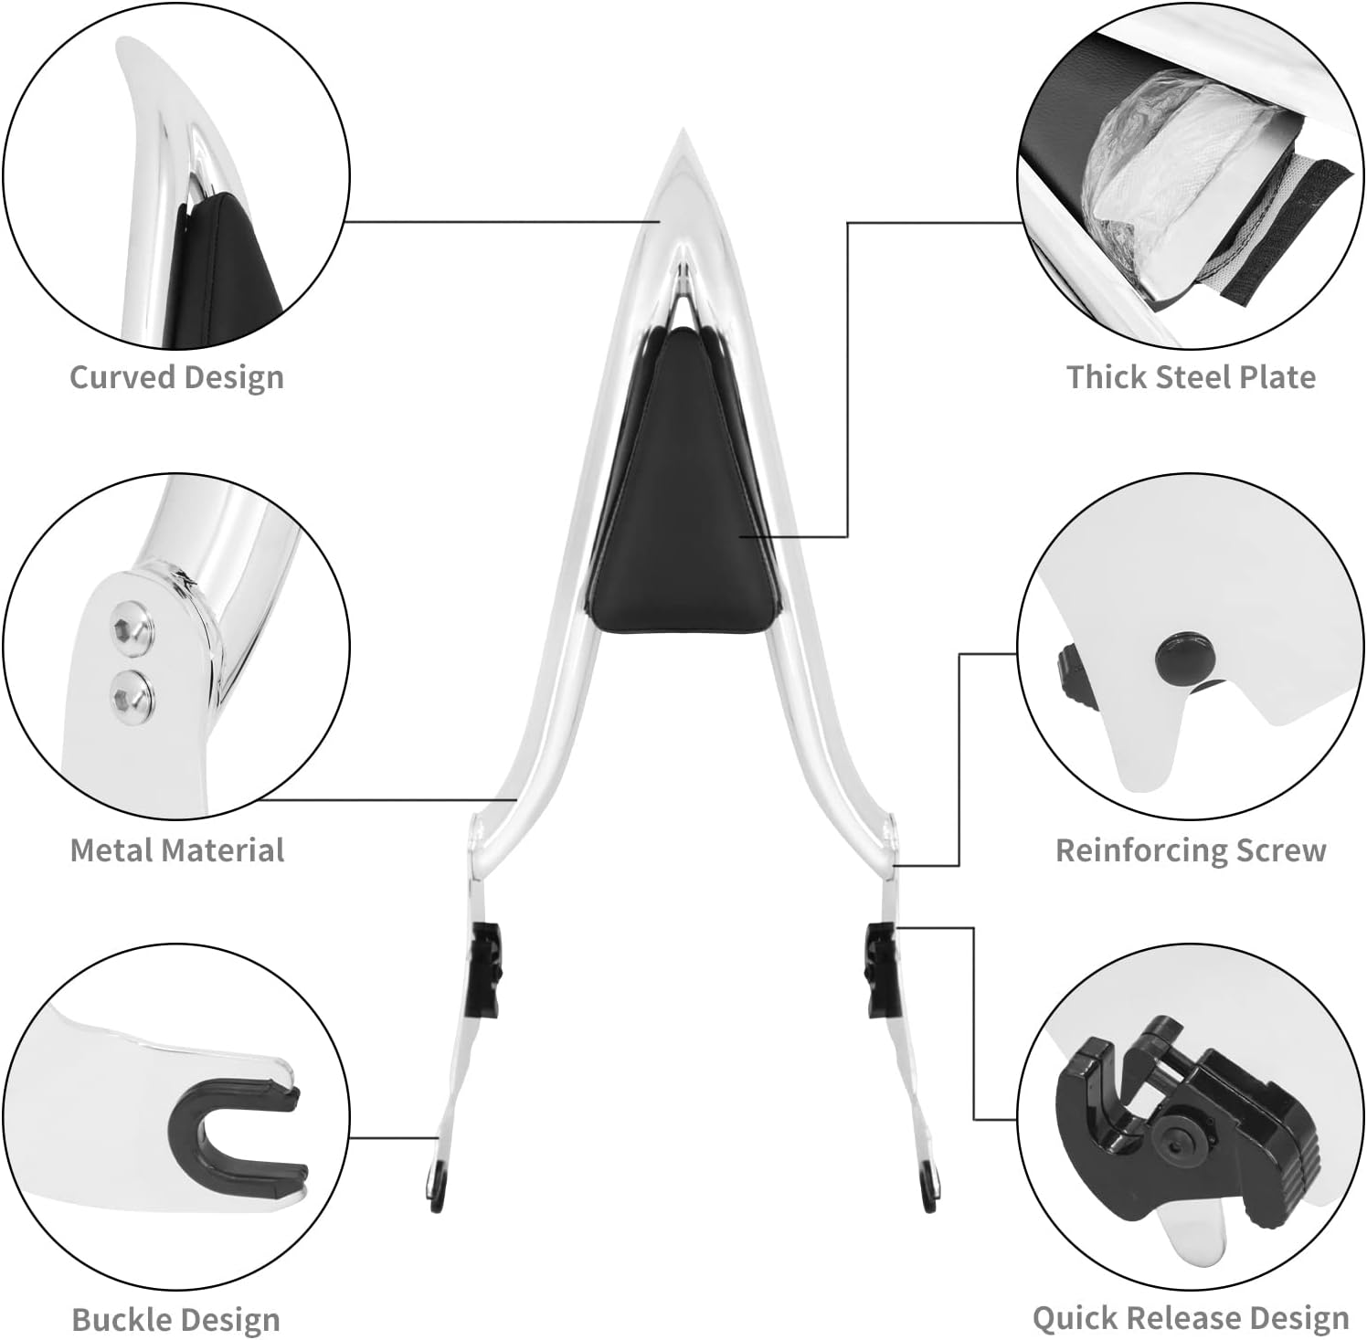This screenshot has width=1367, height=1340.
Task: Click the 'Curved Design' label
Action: pyautogui.click(x=176, y=377)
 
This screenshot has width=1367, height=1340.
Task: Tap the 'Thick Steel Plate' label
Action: pyautogui.click(x=1191, y=377)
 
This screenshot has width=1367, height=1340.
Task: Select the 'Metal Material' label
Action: pyautogui.click(x=177, y=850)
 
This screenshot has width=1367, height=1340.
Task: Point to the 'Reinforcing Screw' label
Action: pyautogui.click(x=1191, y=850)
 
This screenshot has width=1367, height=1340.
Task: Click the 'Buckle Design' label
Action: pyautogui.click(x=175, y=1319)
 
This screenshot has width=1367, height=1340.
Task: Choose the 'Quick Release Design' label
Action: pyautogui.click(x=1191, y=1317)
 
